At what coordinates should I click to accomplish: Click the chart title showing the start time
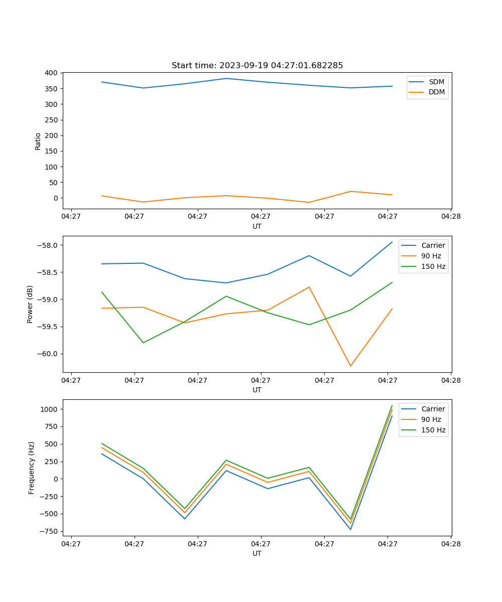pyautogui.click(x=257, y=66)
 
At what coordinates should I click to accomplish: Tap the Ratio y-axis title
pyautogui.click(x=38, y=141)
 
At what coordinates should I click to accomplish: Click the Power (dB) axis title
pyautogui.click(x=30, y=304)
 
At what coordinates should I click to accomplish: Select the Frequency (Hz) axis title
pyautogui.click(x=31, y=468)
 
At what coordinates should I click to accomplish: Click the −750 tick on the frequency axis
pyautogui.click(x=49, y=531)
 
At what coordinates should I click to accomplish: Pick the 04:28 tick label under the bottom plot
pyautogui.click(x=451, y=543)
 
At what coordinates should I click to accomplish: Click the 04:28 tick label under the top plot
pyautogui.click(x=451, y=216)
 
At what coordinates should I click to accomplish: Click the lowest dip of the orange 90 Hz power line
pyautogui.click(x=350, y=366)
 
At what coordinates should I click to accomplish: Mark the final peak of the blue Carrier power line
pyautogui.click(x=392, y=242)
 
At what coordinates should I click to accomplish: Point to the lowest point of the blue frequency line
pyautogui.click(x=350, y=529)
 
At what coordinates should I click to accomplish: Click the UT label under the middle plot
pyautogui.click(x=257, y=390)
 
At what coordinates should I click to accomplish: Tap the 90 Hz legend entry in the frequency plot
pyautogui.click(x=431, y=419)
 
